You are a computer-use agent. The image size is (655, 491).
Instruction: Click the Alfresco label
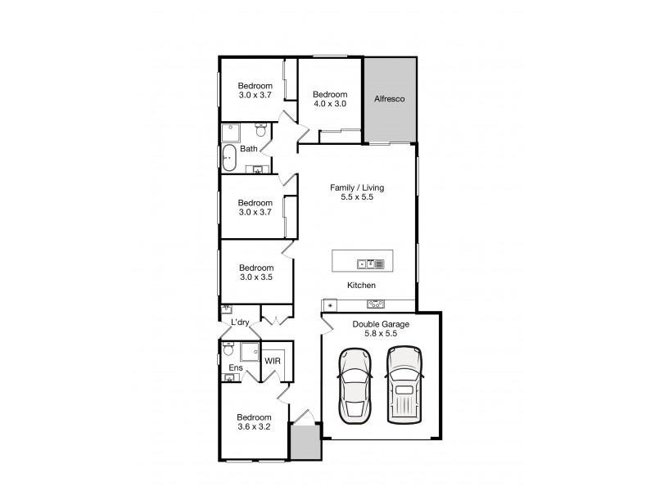(391, 99)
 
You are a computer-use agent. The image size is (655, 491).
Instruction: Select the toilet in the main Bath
(260, 131)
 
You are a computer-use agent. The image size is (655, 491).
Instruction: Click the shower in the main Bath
(230, 133)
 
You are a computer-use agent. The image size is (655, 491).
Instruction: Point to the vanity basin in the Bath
(258, 170)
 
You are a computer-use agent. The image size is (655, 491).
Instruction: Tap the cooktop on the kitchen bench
(377, 304)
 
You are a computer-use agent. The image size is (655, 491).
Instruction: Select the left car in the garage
(355, 384)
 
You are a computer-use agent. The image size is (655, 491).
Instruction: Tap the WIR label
(272, 360)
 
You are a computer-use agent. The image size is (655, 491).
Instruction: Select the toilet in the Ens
(228, 350)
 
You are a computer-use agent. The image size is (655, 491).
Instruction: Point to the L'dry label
(240, 322)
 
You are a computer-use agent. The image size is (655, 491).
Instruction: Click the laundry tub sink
(227, 309)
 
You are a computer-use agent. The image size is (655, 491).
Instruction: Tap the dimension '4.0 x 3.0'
(329, 104)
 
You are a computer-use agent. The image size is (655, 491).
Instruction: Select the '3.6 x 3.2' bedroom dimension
(255, 427)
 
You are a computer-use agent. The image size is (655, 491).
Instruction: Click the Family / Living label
(356, 187)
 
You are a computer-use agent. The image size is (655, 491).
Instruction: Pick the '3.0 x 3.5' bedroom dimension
(255, 277)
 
